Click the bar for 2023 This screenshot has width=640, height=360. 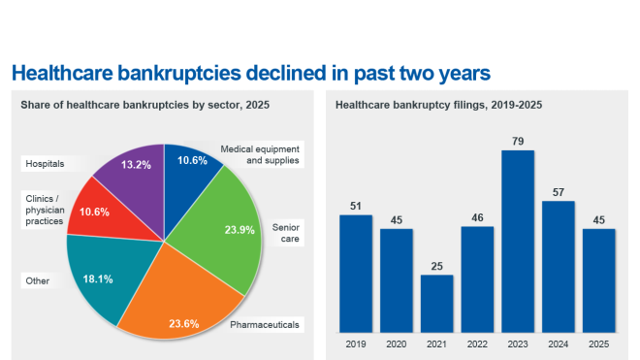pos(518,242)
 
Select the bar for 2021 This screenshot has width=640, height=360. pos(436,304)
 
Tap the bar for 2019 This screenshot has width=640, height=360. pos(355,274)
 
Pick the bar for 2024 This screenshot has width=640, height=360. pos(559,267)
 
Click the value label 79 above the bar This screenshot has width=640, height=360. pos(518,142)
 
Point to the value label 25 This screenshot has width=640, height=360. pos(436,266)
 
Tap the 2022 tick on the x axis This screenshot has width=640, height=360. pos(477,344)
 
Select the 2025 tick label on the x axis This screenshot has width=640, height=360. pos(599,344)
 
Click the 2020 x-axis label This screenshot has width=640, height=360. pos(396,344)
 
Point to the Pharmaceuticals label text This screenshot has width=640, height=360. pos(264,323)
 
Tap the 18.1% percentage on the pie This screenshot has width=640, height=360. pos(100,278)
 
